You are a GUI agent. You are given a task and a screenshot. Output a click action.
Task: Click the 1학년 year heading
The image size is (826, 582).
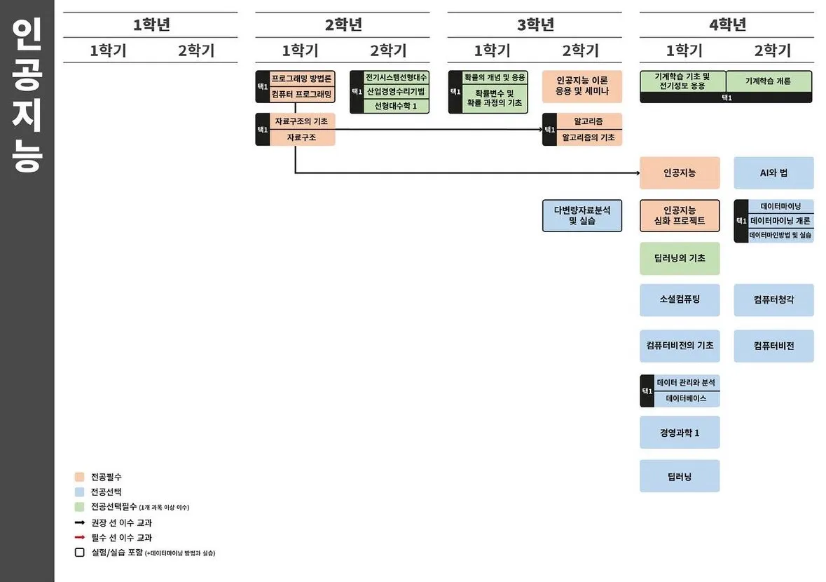click(x=151, y=25)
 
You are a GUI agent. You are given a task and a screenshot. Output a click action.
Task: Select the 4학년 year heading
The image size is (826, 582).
click(x=727, y=25)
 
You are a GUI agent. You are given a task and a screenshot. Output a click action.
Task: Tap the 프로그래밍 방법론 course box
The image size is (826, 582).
click(x=301, y=78)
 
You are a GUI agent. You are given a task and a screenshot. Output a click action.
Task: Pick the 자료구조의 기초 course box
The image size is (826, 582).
click(x=301, y=121)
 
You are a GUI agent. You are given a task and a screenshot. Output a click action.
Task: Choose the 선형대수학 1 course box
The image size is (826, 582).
click(x=395, y=106)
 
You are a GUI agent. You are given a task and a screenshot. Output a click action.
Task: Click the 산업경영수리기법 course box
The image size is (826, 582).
click(x=395, y=92)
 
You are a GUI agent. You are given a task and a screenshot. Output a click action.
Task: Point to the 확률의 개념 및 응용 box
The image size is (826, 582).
click(x=495, y=77)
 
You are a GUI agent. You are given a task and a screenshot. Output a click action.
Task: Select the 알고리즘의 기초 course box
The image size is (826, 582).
click(x=588, y=137)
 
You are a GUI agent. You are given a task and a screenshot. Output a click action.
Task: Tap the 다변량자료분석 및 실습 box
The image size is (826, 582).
click(x=582, y=215)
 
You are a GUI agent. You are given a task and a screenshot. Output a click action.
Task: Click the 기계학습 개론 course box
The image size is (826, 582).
click(x=769, y=81)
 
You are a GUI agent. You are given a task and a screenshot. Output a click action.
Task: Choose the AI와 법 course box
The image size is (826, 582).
click(x=773, y=173)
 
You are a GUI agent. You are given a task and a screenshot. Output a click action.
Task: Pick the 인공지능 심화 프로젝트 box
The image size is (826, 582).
click(x=680, y=215)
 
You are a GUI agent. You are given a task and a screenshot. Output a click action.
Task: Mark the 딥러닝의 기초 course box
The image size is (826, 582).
click(x=680, y=258)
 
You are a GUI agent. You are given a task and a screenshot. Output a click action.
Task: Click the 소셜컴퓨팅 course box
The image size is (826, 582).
click(x=680, y=300)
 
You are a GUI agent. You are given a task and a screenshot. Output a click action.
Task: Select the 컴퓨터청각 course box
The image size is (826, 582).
click(x=773, y=300)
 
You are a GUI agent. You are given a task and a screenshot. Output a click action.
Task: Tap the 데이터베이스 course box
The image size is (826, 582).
click(x=686, y=398)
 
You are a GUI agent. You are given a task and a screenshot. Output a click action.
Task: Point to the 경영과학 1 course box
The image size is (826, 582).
click(x=680, y=433)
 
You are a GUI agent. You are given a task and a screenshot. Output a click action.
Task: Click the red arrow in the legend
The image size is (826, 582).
click(x=79, y=538)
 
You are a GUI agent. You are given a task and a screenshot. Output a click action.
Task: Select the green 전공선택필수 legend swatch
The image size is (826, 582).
click(x=79, y=507)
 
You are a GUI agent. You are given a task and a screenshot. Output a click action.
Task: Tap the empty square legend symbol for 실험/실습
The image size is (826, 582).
click(x=79, y=553)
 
